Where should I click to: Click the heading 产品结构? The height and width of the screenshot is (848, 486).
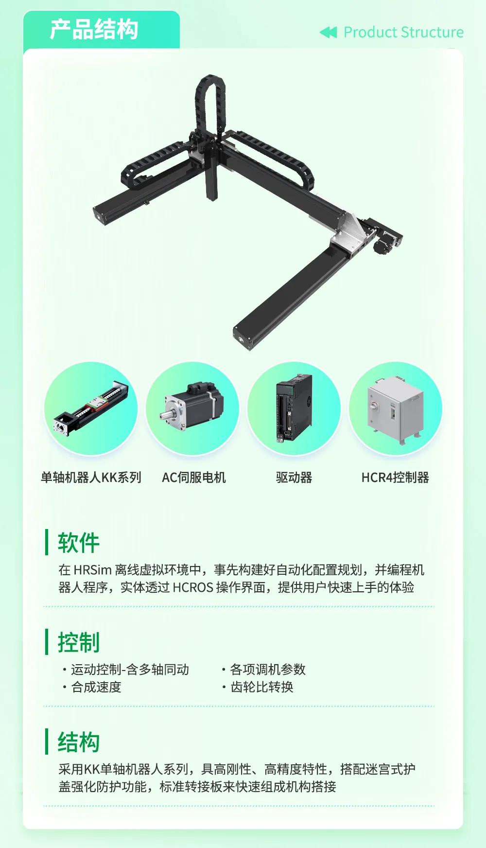[94, 29]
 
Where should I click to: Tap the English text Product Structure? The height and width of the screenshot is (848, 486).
[403, 32]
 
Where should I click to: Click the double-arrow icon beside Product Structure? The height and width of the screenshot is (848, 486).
[328, 33]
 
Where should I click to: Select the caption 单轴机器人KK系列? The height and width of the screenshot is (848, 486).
[91, 477]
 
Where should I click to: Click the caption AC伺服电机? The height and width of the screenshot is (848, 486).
[194, 477]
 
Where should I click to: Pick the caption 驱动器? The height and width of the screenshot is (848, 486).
[294, 477]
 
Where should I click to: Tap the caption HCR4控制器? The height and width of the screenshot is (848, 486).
[395, 477]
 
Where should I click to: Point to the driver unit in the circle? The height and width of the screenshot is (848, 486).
[294, 407]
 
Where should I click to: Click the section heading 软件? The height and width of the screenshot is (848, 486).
[78, 543]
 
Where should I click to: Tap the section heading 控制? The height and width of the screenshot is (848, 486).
[78, 642]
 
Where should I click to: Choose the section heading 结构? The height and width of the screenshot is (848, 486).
[78, 742]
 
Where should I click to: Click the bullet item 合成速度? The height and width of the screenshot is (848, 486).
[96, 687]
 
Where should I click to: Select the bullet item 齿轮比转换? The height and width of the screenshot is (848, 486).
[262, 687]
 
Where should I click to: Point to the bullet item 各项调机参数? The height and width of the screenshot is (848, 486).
[268, 670]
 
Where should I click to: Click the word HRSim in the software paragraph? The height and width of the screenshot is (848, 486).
[92, 570]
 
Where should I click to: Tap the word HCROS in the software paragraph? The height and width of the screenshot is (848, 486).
[193, 587]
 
